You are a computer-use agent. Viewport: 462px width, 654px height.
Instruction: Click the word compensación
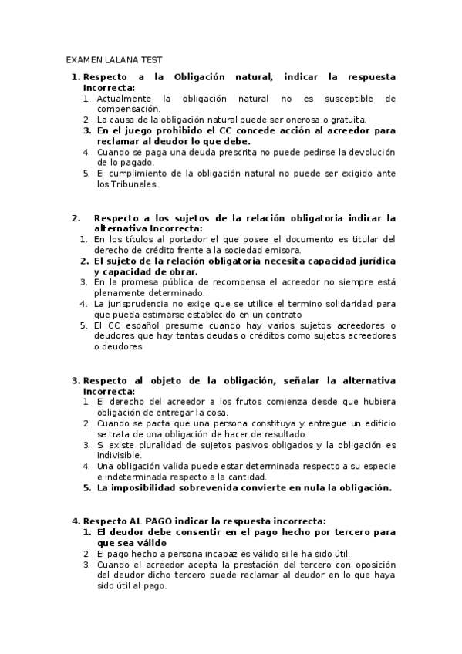129,109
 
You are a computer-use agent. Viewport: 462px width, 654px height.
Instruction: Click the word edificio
373,423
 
